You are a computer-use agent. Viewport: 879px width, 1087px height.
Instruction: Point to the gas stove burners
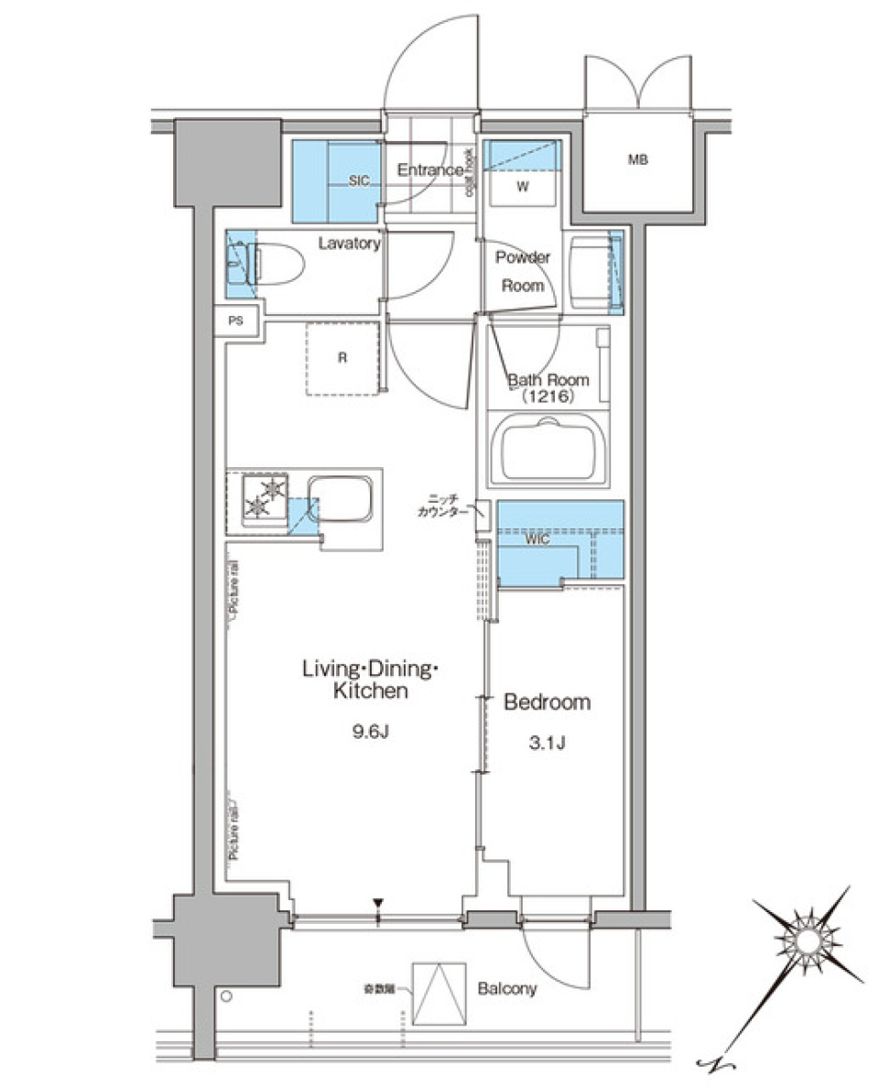[265, 499]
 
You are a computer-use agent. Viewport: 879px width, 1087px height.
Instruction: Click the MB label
[637, 160]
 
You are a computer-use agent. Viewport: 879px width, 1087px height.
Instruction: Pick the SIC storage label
[359, 182]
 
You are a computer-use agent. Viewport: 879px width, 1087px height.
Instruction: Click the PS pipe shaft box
[236, 321]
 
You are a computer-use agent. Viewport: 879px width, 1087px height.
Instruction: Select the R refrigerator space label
[341, 358]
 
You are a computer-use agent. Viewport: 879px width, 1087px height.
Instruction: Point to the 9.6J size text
[370, 730]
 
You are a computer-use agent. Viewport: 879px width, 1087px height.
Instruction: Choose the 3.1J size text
[547, 742]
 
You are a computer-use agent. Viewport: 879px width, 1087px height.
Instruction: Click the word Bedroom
[548, 702]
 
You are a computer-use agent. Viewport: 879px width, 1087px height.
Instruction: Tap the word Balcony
[506, 989]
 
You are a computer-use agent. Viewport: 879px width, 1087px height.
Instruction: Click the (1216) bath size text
[548, 397]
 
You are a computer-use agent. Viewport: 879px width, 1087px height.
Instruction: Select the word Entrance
[429, 170]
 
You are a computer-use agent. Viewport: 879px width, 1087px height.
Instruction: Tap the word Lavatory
[349, 244]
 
